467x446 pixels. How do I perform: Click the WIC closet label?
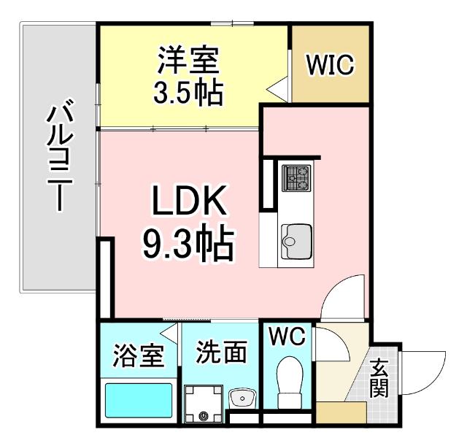pos(330,64)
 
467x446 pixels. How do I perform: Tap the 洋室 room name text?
pos(188,61)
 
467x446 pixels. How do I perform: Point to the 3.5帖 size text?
pos(188,93)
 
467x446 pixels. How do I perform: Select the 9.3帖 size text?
pos(188,245)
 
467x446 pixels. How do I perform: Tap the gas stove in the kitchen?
pos(296,177)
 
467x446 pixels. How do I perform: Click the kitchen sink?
pos(296,237)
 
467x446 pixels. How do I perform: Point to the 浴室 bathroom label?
pos(137,359)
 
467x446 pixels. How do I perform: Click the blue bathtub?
pos(139,400)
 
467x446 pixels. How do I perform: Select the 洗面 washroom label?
pos(221,353)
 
